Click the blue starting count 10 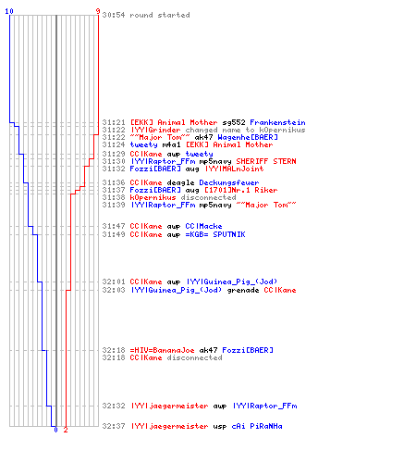[x=9, y=11]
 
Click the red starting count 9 [x=98, y=11]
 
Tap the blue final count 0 [x=55, y=430]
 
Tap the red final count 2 [x=66, y=430]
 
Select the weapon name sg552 [x=234, y=123]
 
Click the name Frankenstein [x=277, y=122]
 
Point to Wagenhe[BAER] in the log [x=248, y=137]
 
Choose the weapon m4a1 [x=171, y=144]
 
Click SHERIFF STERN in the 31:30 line [x=266, y=161]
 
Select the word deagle [x=180, y=183]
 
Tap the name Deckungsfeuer [x=229, y=182]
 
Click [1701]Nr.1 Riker [x=241, y=190]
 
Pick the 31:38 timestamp [x=114, y=197]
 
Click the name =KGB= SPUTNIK [x=215, y=234]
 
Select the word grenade [x=243, y=291]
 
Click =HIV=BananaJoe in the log [x=162, y=350]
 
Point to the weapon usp [x=220, y=427]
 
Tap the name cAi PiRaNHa [x=257, y=426]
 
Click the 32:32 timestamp [x=114, y=406]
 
